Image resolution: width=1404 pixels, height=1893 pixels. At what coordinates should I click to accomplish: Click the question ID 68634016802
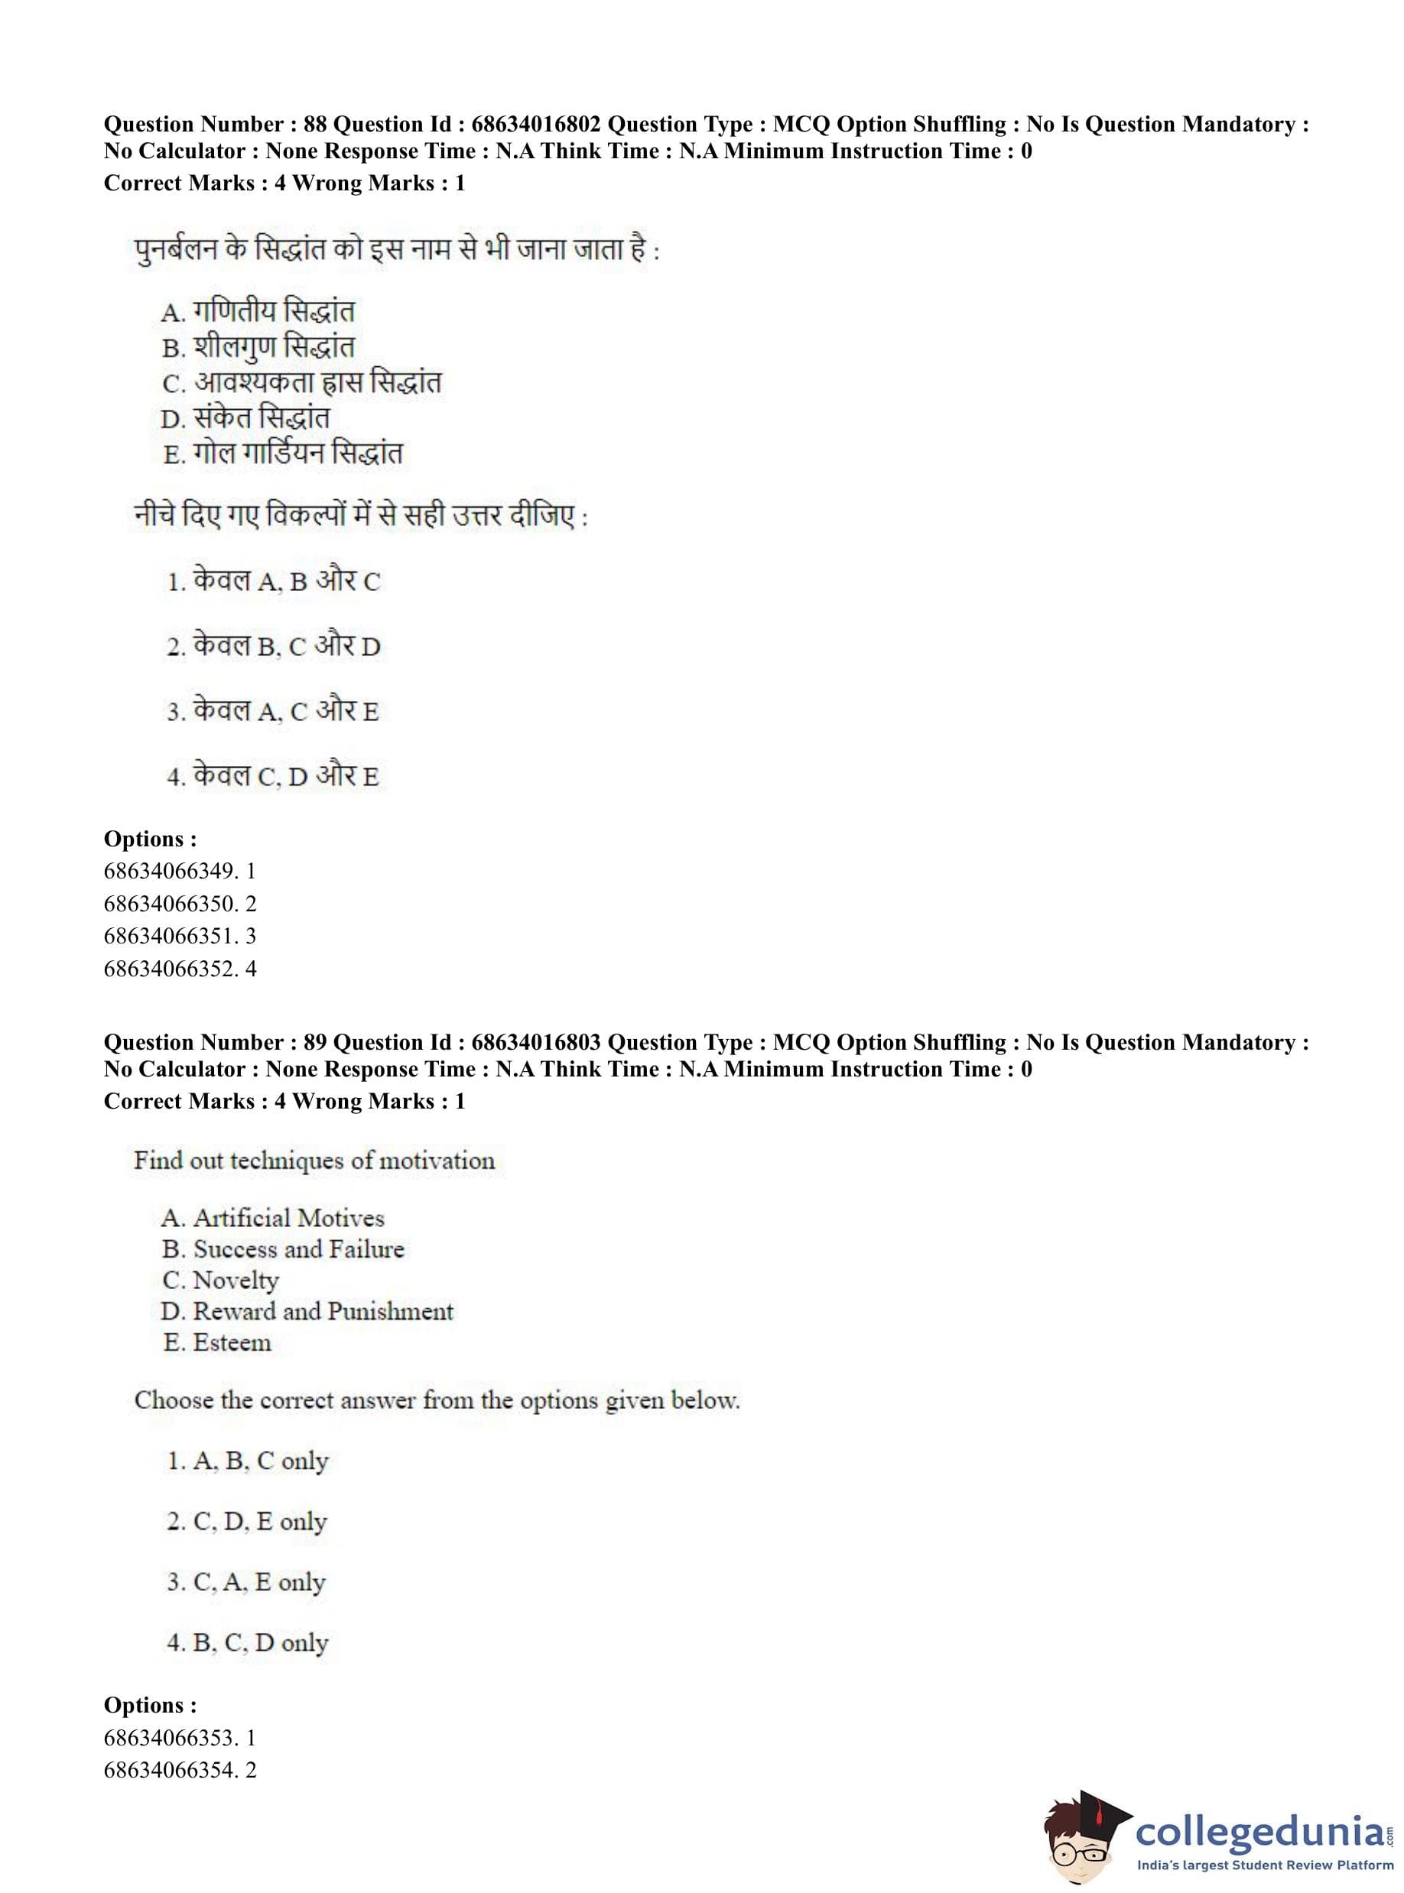pos(535,124)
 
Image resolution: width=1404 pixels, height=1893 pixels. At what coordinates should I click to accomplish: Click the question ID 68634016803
pos(535,1043)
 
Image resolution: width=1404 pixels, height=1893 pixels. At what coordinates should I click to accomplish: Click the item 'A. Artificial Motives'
pos(273,1219)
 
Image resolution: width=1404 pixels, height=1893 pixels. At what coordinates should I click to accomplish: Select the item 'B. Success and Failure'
pos(283,1249)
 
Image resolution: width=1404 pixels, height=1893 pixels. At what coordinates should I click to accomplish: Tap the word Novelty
pos(236,1281)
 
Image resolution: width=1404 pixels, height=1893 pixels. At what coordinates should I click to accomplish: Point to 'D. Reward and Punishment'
pos(307,1312)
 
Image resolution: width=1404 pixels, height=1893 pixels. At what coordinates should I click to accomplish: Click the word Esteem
pos(232,1343)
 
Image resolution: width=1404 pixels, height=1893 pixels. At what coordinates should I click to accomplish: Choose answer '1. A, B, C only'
pos(247,1461)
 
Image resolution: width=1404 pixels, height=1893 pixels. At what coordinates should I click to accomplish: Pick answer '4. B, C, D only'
pos(247,1643)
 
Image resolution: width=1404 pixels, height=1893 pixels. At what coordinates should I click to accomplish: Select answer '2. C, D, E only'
pos(246,1521)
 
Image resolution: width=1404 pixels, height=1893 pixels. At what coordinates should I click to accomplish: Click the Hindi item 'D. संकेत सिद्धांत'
pos(245,418)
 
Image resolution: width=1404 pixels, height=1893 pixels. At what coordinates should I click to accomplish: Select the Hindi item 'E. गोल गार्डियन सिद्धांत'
pos(282,453)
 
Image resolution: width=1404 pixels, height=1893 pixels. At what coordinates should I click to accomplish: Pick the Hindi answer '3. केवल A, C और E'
pos(273,711)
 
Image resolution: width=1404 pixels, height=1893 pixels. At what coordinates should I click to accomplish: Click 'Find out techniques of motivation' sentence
pos(314,1161)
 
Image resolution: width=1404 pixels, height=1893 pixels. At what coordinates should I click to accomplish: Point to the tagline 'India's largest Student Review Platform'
pos(1265,1865)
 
